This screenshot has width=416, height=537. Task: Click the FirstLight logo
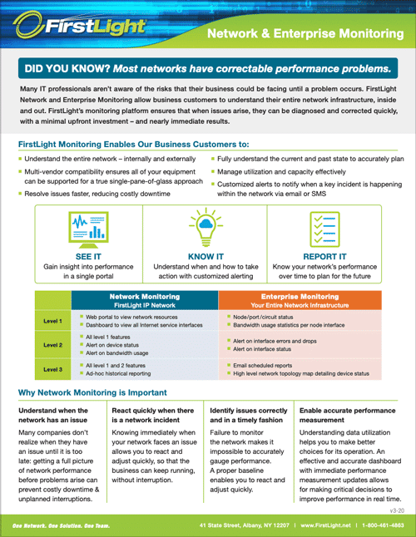(83, 28)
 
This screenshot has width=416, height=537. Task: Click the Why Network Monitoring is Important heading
(98, 392)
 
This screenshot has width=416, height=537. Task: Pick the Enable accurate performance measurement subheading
(347, 416)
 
